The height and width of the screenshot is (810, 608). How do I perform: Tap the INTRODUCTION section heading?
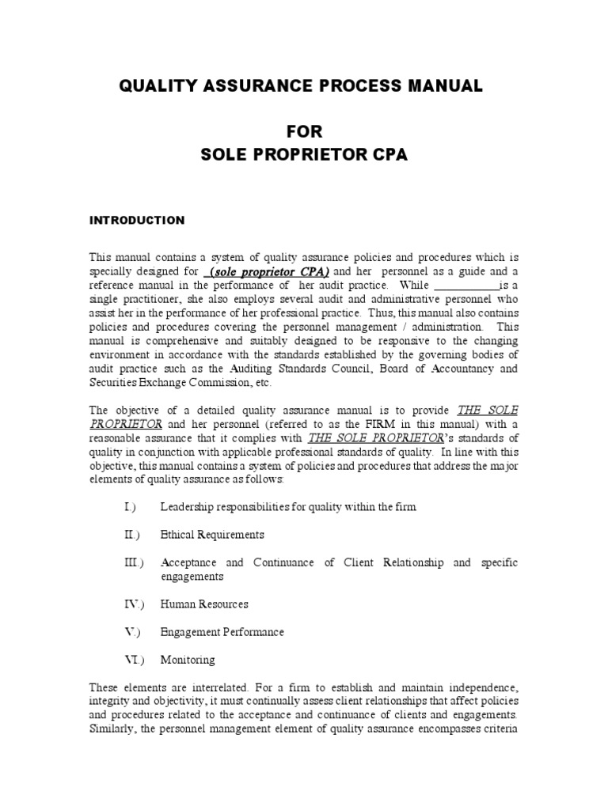136,220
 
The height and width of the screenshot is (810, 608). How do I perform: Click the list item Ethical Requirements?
212,535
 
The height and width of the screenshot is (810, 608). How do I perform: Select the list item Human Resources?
204,604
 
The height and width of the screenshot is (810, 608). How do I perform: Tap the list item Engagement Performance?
222,632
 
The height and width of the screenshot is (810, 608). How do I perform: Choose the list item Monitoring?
188,660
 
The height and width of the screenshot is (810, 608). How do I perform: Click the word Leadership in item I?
187,505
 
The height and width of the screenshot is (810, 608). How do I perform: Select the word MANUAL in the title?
446,86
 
